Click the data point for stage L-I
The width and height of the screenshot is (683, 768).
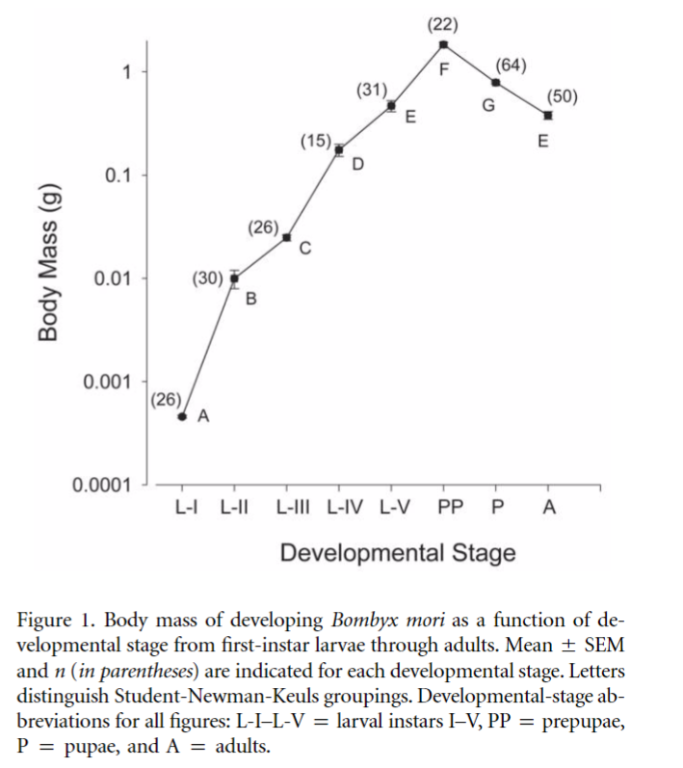[x=182, y=416]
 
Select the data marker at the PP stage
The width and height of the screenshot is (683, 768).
[x=443, y=44]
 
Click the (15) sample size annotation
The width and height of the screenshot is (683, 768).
[x=315, y=142]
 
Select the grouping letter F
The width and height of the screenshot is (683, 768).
[x=444, y=70]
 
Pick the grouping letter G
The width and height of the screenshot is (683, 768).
[x=488, y=105]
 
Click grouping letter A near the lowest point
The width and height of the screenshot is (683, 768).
[x=203, y=417]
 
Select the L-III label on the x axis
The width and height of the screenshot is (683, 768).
[x=294, y=508]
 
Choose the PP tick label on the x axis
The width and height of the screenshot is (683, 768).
[x=451, y=508]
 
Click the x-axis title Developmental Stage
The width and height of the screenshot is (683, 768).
[x=398, y=553]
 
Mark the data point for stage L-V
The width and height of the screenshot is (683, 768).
[x=391, y=105]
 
